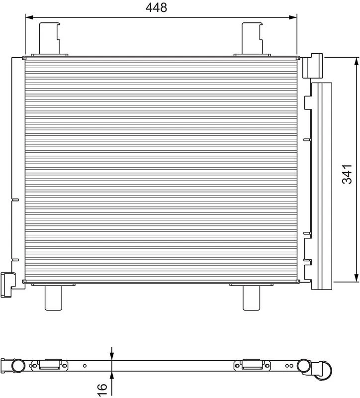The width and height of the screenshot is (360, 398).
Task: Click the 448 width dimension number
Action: point(156,7)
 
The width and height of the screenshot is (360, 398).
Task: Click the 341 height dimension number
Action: point(347,174)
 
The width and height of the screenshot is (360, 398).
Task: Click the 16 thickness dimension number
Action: point(102,390)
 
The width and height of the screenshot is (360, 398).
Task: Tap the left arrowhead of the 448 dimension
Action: point(29,17)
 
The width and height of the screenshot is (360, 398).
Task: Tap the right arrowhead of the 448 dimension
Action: point(293,17)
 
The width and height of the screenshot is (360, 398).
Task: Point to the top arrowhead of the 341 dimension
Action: point(357,61)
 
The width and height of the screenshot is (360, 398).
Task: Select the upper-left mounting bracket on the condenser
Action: point(49,39)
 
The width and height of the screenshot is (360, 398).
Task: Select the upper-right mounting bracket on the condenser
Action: point(252,39)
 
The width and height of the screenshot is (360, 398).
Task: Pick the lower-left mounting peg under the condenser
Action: point(54,297)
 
